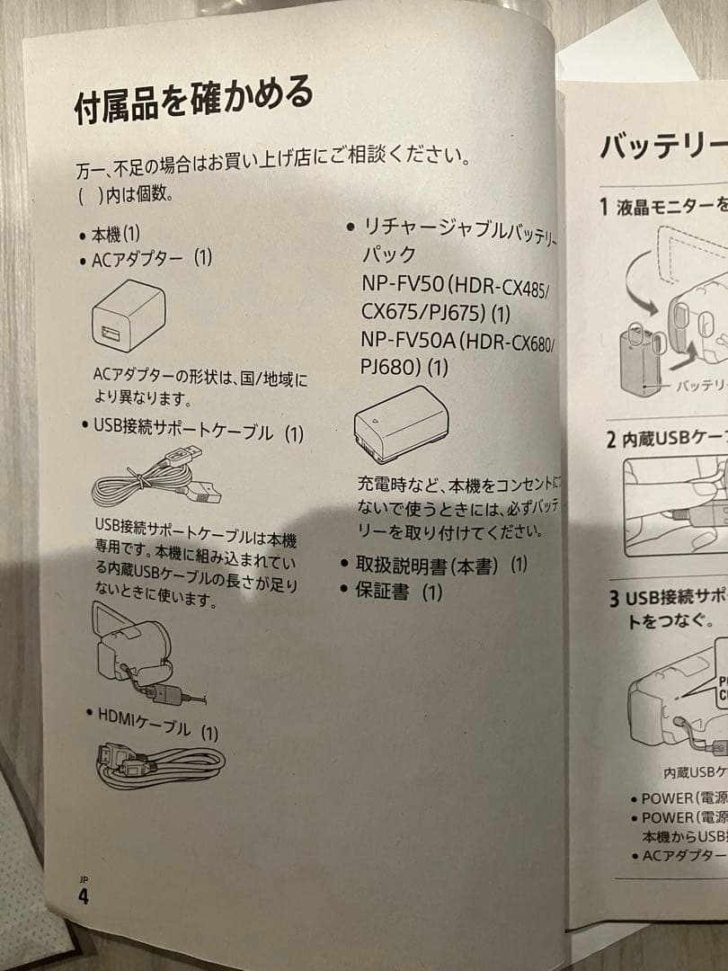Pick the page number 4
point(84,896)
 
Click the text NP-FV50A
point(410,343)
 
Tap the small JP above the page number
point(83,878)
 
